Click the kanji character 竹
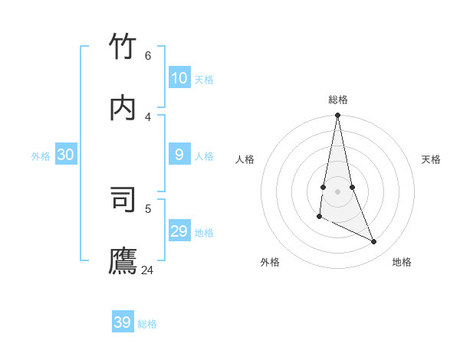point(123,46)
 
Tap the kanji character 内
point(123,107)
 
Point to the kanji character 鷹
point(123,260)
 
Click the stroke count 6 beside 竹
point(148,56)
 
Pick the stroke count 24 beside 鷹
point(148,270)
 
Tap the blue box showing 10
point(179,77)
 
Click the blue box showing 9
point(179,155)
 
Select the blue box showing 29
point(179,231)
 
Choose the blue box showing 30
point(65,155)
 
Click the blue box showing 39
point(122,322)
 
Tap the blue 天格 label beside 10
point(204,80)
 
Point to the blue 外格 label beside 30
point(41,156)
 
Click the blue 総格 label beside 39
point(147,324)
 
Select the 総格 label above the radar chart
point(338,100)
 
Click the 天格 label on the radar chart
point(431,159)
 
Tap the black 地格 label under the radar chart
point(402,262)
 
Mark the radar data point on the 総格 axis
point(337,116)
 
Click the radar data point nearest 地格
point(374,241)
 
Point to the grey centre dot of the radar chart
point(337,191)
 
